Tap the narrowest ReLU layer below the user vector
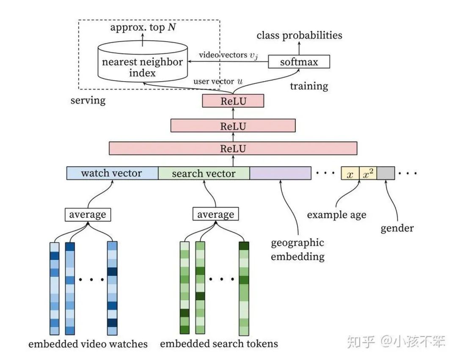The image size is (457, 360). click(233, 101)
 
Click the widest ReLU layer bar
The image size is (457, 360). click(233, 148)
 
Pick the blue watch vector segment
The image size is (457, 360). click(112, 173)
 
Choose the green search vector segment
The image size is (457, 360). click(204, 173)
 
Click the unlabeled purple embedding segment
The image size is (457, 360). click(280, 173)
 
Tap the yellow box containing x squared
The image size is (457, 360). click(368, 174)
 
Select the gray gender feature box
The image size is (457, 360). click(385, 174)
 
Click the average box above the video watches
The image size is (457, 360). click(88, 214)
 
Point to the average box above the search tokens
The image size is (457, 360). click(216, 214)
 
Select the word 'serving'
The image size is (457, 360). click(88, 101)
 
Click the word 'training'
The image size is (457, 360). click(309, 86)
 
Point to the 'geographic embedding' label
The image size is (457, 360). click(297, 250)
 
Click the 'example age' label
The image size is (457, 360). click(336, 214)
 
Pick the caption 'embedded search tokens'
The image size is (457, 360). click(219, 344)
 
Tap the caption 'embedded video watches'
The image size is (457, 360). click(88, 344)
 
